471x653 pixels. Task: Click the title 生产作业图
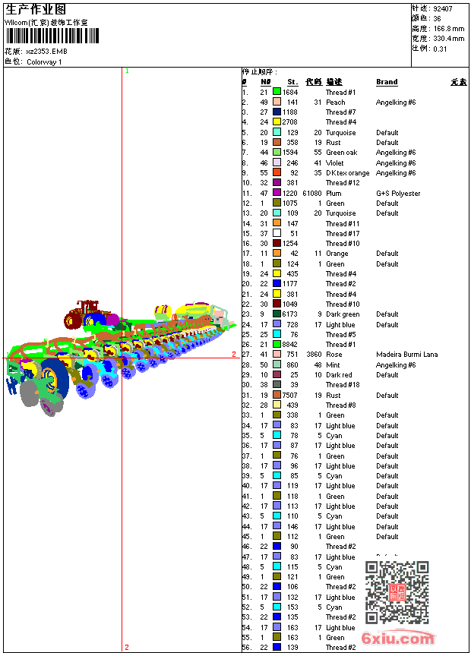click(x=36, y=9)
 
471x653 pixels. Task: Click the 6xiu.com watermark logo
click(x=398, y=639)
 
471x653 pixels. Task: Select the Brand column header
click(x=387, y=82)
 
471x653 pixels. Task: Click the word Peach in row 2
click(x=336, y=103)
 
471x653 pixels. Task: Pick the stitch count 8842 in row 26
click(x=290, y=345)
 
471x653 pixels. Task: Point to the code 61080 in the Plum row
click(x=312, y=194)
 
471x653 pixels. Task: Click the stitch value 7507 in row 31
click(x=290, y=396)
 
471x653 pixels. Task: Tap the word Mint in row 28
click(x=333, y=365)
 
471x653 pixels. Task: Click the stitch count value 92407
click(x=443, y=8)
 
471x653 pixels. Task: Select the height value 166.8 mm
click(x=449, y=28)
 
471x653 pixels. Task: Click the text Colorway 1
click(x=45, y=62)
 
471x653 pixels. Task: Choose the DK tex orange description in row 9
click(x=348, y=173)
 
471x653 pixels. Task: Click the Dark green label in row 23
click(x=343, y=314)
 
